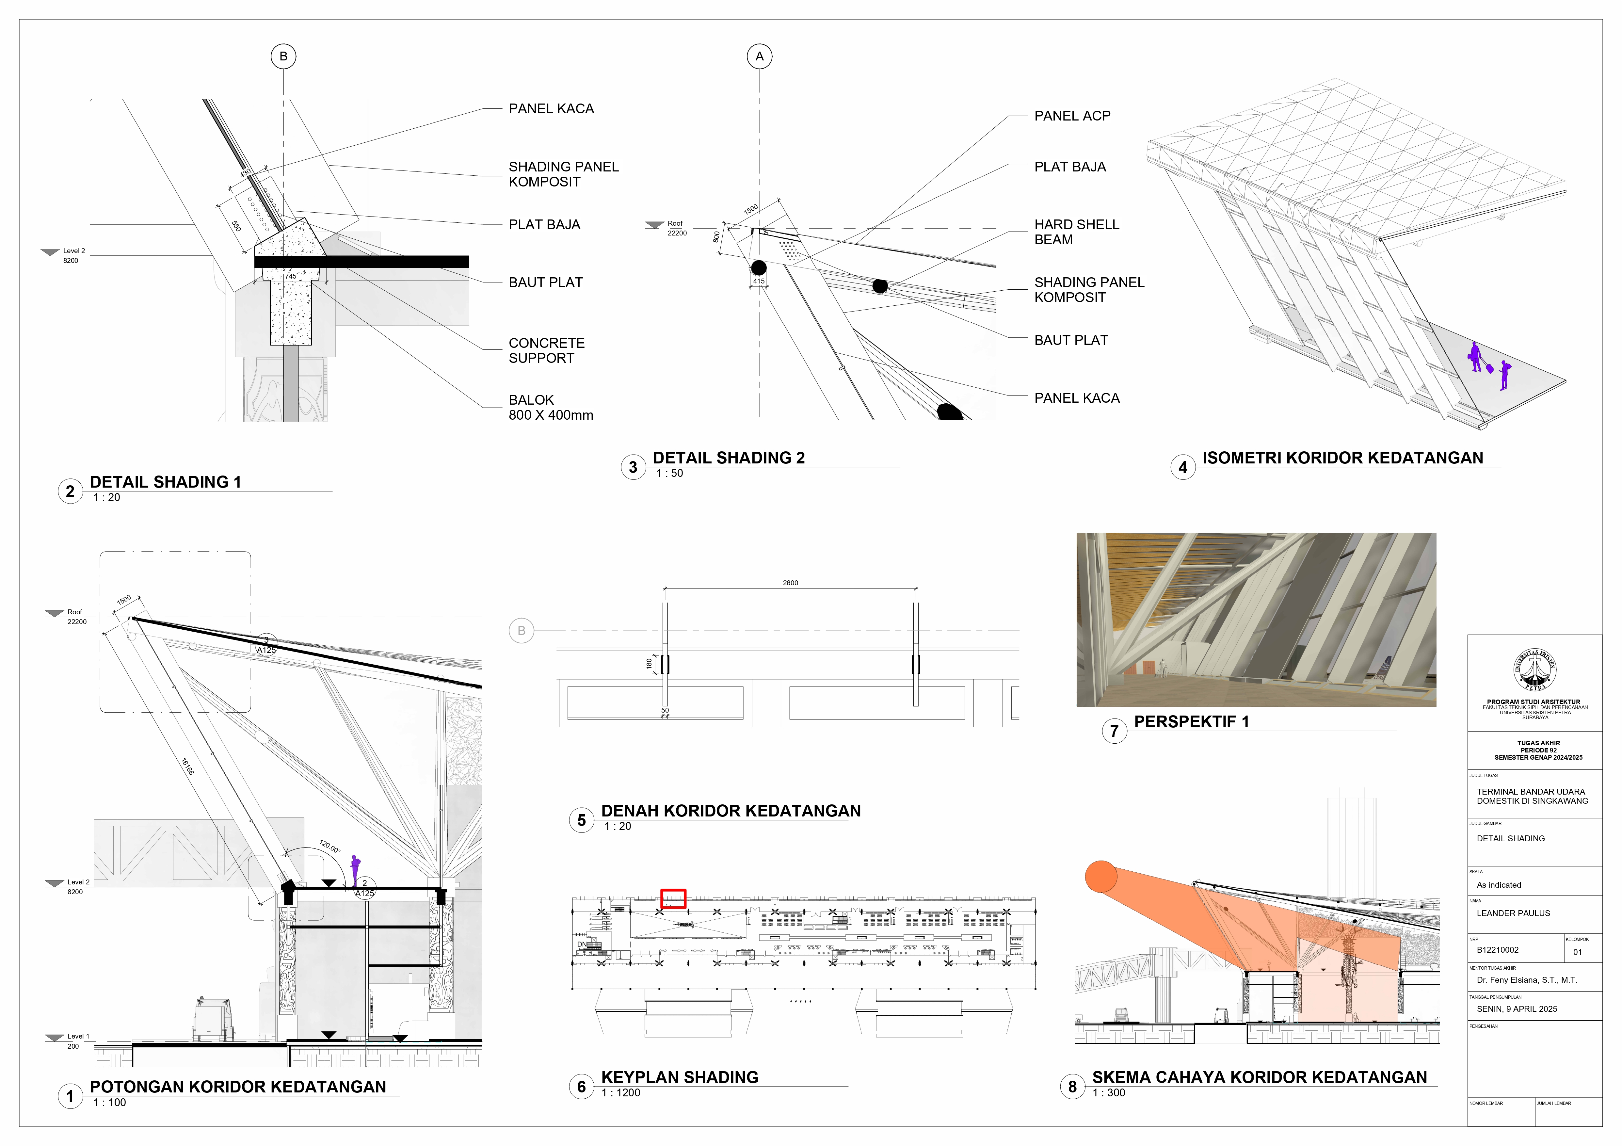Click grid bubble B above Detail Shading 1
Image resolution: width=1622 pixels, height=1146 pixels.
point(283,56)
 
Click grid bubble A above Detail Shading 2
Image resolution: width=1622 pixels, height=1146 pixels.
point(760,56)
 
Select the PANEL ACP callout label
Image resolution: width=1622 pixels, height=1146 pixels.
point(1072,116)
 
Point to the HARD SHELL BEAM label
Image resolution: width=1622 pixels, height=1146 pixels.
point(1076,232)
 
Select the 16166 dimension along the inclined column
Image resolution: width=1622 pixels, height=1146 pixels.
point(187,767)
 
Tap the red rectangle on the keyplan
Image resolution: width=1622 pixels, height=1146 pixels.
point(672,899)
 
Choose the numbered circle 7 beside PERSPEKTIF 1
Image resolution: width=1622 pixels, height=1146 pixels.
point(1114,731)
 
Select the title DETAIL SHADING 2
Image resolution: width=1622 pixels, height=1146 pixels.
point(728,458)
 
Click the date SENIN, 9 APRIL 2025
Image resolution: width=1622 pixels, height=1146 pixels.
point(1516,1009)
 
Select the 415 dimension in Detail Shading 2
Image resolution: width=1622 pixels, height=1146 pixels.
point(759,281)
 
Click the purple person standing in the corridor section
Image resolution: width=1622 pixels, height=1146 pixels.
point(355,870)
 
